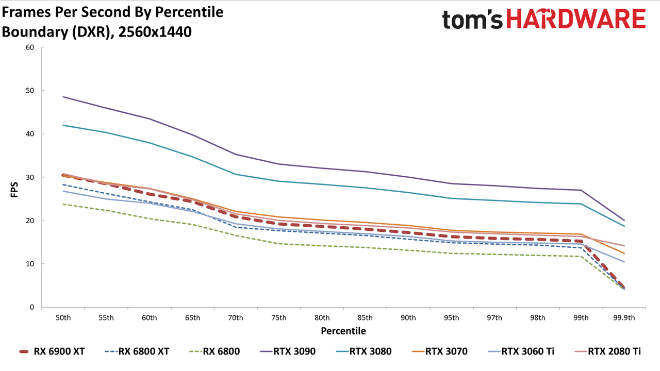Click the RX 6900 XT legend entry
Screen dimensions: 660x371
click(x=52, y=351)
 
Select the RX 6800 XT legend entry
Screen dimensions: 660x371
click(x=137, y=351)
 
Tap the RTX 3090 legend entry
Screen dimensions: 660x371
click(x=288, y=351)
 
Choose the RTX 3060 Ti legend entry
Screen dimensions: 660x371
click(x=521, y=351)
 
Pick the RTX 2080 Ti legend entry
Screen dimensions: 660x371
click(x=607, y=351)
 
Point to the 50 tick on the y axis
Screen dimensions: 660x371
click(x=30, y=91)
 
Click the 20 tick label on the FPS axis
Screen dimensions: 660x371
click(x=30, y=221)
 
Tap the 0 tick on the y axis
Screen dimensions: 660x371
click(x=32, y=307)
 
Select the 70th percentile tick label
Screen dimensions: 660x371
click(x=236, y=318)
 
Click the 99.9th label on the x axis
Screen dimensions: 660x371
click(x=624, y=318)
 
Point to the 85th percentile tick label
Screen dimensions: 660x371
click(x=365, y=318)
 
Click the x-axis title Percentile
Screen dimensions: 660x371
click(x=343, y=331)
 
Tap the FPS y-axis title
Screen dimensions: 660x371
click(x=14, y=190)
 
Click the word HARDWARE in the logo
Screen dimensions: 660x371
click(x=576, y=19)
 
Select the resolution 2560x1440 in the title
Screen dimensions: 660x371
click(x=155, y=32)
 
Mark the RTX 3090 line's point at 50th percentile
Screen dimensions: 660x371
click(x=63, y=96)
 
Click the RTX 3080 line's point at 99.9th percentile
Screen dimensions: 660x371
click(x=624, y=226)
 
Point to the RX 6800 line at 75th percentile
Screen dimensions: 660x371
click(x=279, y=244)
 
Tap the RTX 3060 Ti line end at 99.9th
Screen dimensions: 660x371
click(x=624, y=262)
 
